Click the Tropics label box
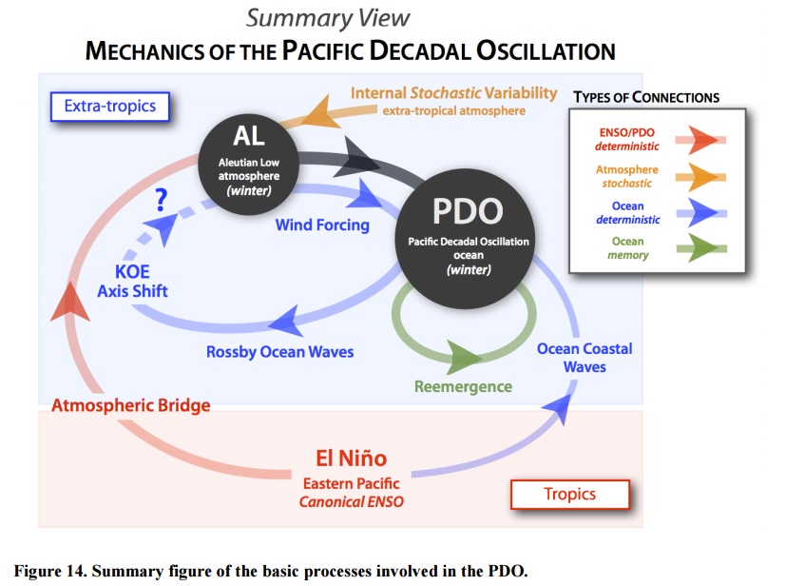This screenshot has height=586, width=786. coord(569,494)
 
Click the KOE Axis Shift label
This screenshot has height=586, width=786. coord(132,282)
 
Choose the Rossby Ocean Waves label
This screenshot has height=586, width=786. coord(279,352)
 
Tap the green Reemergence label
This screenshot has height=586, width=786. coord(463,386)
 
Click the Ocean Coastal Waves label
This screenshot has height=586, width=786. coord(584,357)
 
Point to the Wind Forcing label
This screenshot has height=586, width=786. coord(322,225)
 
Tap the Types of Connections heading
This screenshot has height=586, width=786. coord(646,97)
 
